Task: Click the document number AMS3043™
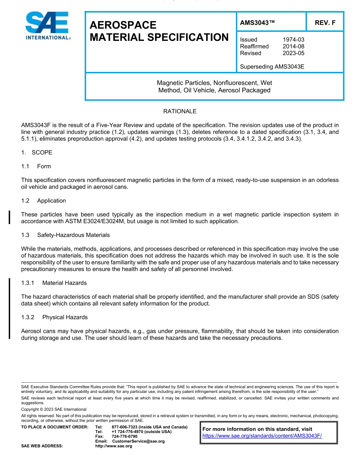[257, 23]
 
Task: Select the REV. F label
[325, 23]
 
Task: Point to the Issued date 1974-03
[293, 40]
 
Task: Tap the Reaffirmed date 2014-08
[293, 47]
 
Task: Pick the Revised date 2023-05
[293, 53]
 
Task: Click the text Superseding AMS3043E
[272, 67]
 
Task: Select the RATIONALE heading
[180, 112]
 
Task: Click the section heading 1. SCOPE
[37, 153]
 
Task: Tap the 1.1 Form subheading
[36, 167]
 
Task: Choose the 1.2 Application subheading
[44, 201]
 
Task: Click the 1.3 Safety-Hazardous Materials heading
[66, 235]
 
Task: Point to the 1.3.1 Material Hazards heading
[54, 283]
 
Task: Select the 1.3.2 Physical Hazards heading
[54, 318]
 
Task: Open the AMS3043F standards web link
[262, 436]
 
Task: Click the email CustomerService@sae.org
[138, 441]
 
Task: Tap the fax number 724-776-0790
[125, 436]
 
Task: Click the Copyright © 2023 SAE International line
[54, 409]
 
